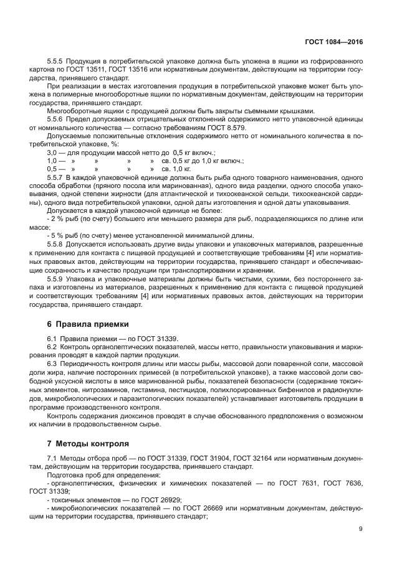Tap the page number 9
point(360,528)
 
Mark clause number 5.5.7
point(58,177)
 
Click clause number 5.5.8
point(58,243)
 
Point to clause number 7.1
point(53,458)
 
